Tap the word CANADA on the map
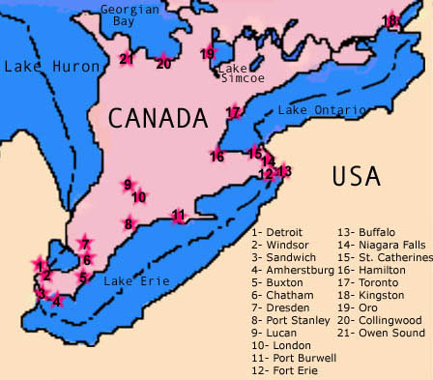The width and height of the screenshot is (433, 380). [x=158, y=118]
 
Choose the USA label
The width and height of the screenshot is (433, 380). [x=356, y=176]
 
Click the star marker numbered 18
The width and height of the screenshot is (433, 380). [x=390, y=20]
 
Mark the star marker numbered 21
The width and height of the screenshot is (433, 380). [x=126, y=59]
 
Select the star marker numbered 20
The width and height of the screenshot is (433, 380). [x=163, y=63]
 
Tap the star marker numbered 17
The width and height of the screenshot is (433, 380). [x=232, y=113]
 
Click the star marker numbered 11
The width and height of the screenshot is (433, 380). [x=178, y=216]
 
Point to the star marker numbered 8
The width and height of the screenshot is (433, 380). [x=129, y=223]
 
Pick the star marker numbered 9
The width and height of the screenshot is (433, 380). [x=128, y=185]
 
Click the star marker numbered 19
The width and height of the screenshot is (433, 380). [x=207, y=53]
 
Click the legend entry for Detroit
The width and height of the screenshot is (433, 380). [x=276, y=232]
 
